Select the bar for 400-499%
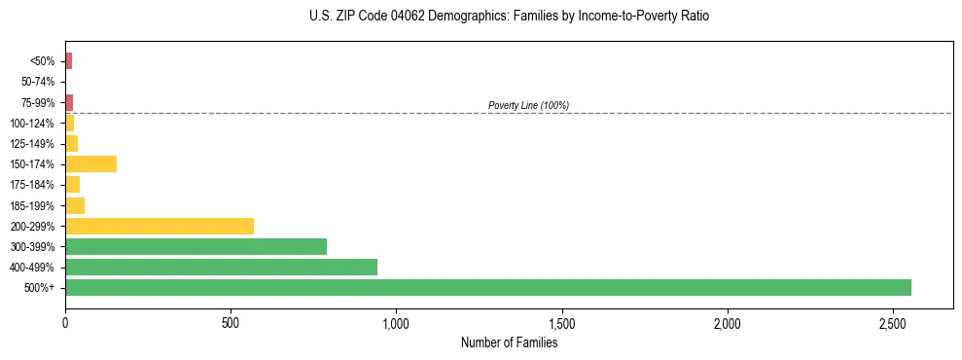click(x=221, y=267)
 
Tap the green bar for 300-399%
click(x=196, y=246)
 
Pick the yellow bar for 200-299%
click(x=160, y=226)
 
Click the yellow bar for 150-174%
click(x=90, y=163)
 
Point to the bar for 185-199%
click(x=75, y=205)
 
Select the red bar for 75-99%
click(x=69, y=102)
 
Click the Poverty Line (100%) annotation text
click(x=528, y=105)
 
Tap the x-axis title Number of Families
click(x=509, y=342)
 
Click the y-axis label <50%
click(x=43, y=61)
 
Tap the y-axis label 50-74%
click(x=38, y=82)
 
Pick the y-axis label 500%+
click(x=40, y=288)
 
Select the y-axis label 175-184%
click(x=33, y=185)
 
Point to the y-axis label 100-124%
click(x=33, y=124)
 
